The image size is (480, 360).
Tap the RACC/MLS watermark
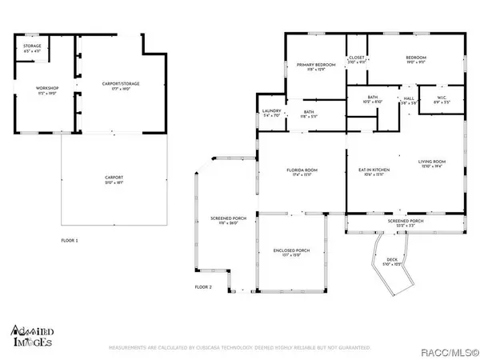pyautogui.click(x=451, y=348)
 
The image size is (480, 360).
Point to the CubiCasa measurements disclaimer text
pyautogui.click(x=240, y=348)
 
